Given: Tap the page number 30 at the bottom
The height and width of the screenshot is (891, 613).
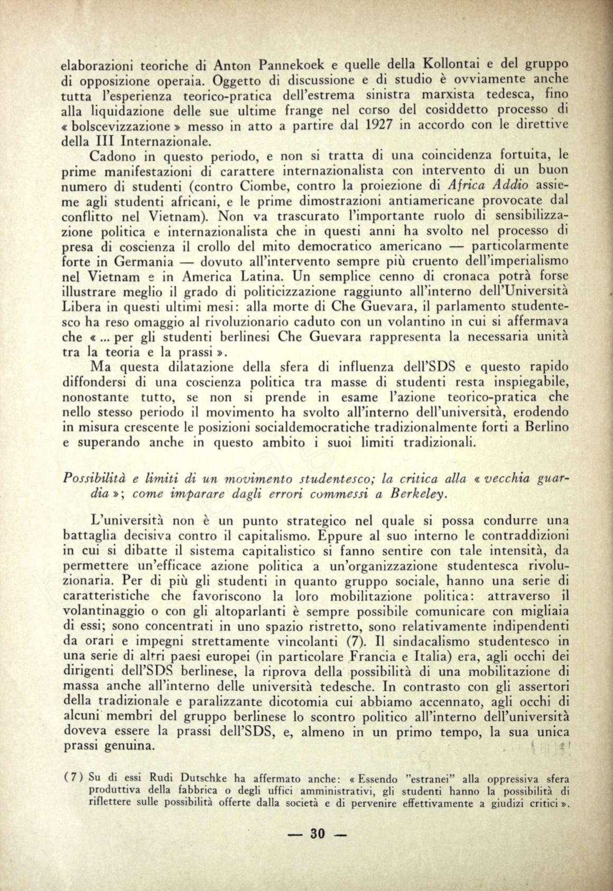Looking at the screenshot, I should coord(318,834).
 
